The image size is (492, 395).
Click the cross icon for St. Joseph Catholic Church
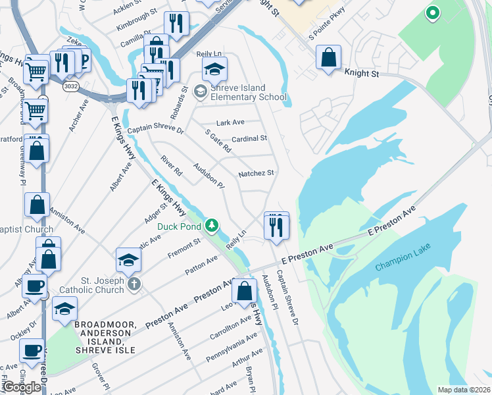tap(134, 285)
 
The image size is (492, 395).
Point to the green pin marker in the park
tap(432, 13)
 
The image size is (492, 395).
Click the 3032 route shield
tap(71, 86)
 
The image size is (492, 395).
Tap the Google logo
tap(22, 387)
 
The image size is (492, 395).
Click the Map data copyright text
tap(464, 390)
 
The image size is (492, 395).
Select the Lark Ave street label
tap(230, 122)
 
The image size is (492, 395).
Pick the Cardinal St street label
tap(249, 139)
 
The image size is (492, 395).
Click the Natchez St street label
tap(256, 173)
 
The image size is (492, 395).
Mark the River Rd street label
tap(172, 165)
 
